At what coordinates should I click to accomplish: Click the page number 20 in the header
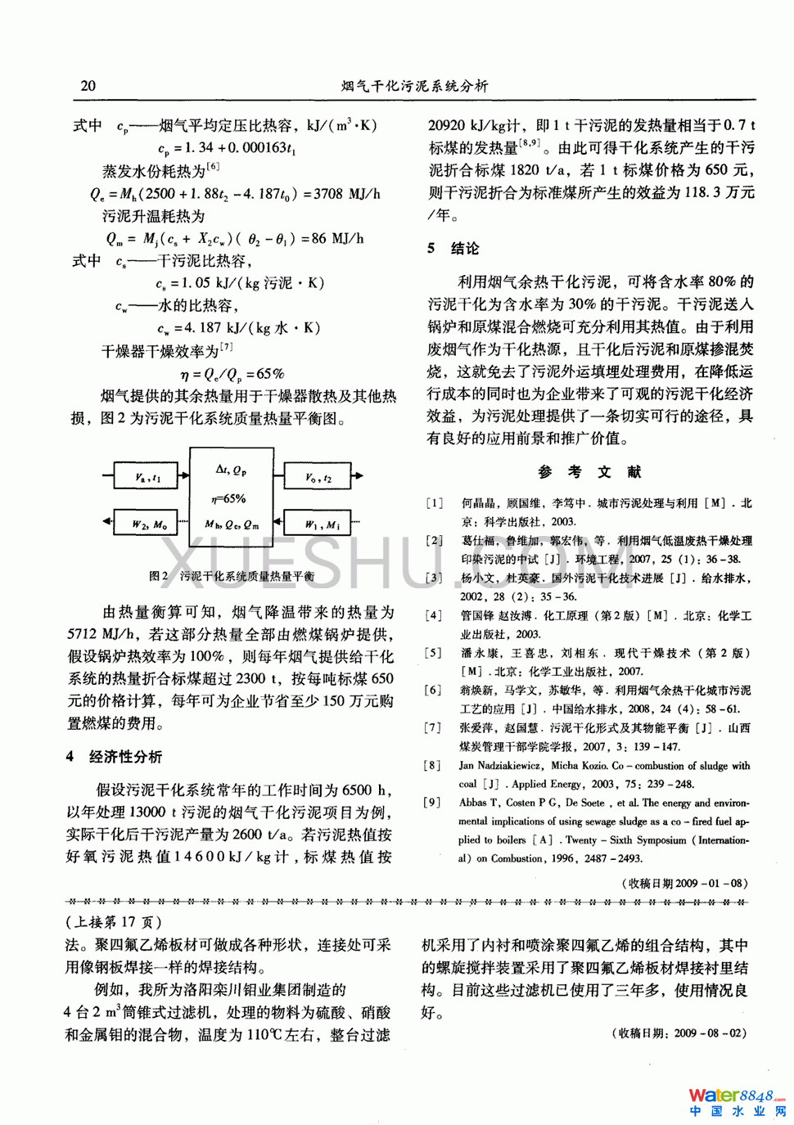(88, 86)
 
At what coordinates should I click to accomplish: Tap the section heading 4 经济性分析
(114, 757)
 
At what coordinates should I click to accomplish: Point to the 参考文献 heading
(589, 472)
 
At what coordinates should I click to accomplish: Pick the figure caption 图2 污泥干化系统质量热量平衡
(232, 576)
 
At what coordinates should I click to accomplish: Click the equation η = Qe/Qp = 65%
(232, 374)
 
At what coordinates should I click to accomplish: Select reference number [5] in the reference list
(433, 653)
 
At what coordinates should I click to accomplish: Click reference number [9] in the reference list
(433, 803)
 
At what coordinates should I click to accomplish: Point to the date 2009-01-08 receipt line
(686, 883)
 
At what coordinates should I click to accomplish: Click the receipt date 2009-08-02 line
(679, 1033)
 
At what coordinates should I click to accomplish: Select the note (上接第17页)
(114, 922)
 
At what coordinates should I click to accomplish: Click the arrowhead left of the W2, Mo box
(108, 522)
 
